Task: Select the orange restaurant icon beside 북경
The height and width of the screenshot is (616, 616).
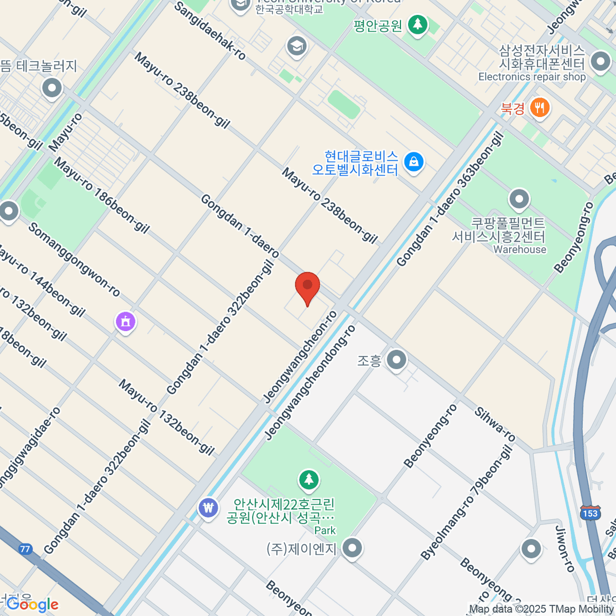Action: tap(539, 108)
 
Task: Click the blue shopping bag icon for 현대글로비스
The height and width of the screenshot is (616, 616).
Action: tap(413, 162)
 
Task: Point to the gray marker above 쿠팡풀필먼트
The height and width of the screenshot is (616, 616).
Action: tap(519, 199)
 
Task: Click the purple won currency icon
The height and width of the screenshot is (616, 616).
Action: tap(208, 509)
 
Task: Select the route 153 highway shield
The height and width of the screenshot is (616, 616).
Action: tap(590, 513)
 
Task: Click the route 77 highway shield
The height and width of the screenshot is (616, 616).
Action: tap(25, 549)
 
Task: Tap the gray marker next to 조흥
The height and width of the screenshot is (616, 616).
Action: tap(396, 360)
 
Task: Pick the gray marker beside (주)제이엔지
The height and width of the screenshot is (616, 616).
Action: tap(352, 548)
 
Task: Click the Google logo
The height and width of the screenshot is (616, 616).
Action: tap(32, 605)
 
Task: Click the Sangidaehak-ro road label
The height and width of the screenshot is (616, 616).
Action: tap(210, 31)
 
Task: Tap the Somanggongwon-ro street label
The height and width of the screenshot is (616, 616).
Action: tap(74, 260)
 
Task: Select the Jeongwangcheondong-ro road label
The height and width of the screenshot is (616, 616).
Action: tap(310, 382)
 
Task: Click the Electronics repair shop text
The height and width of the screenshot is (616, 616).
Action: tap(532, 77)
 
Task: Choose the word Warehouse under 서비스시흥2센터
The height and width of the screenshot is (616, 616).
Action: tap(519, 249)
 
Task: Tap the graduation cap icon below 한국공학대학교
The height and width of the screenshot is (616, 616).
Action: tap(297, 47)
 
